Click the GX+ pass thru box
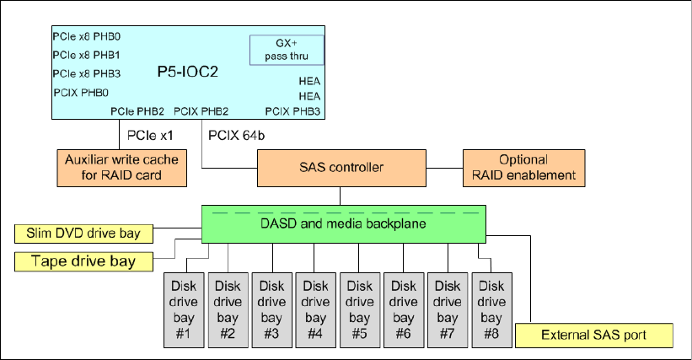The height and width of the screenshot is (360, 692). pos(287,50)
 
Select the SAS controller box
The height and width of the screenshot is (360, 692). pos(341,168)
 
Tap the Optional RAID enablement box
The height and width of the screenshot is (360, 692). pos(524,168)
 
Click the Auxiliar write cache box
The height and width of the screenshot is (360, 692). pos(122,168)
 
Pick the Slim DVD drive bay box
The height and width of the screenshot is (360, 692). pos(83,234)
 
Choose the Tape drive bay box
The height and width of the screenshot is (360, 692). pos(83,261)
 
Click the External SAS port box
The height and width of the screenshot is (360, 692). pos(594,336)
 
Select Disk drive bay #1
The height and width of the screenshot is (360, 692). pos(184,310)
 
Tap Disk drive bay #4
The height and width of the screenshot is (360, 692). pos(315,310)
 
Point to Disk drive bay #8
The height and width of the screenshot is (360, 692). pos(491,310)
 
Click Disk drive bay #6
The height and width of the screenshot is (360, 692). pos(404,310)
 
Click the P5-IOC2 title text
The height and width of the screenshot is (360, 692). pos(188,72)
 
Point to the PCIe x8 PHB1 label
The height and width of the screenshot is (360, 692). pos(87,55)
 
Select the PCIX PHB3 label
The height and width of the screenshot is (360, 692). pos(292,111)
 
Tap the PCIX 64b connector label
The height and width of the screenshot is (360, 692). pos(237,136)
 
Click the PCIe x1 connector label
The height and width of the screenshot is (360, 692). pos(150,136)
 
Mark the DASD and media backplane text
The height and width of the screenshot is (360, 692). pos(343,223)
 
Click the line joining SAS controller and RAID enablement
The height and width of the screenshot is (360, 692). pos(444,168)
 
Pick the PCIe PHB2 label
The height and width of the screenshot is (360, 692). pos(137,111)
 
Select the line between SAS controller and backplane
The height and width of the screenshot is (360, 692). pos(341,196)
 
